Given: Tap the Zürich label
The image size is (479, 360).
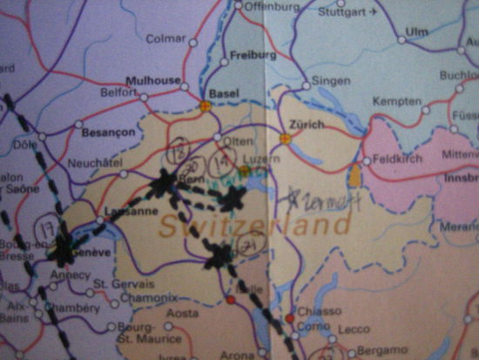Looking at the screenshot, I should coord(295,125).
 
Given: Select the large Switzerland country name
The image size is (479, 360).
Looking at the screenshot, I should coord(255,226).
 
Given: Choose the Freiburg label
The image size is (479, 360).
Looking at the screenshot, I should coord(246,55).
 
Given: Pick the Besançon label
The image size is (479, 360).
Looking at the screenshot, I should coord(107,133).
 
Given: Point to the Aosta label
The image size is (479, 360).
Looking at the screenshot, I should coord(183,312).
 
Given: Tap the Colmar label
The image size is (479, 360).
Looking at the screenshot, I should coord(166,38).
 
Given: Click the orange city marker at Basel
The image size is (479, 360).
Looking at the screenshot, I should coord(206,105).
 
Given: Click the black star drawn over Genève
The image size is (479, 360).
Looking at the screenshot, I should coord(62,251).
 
